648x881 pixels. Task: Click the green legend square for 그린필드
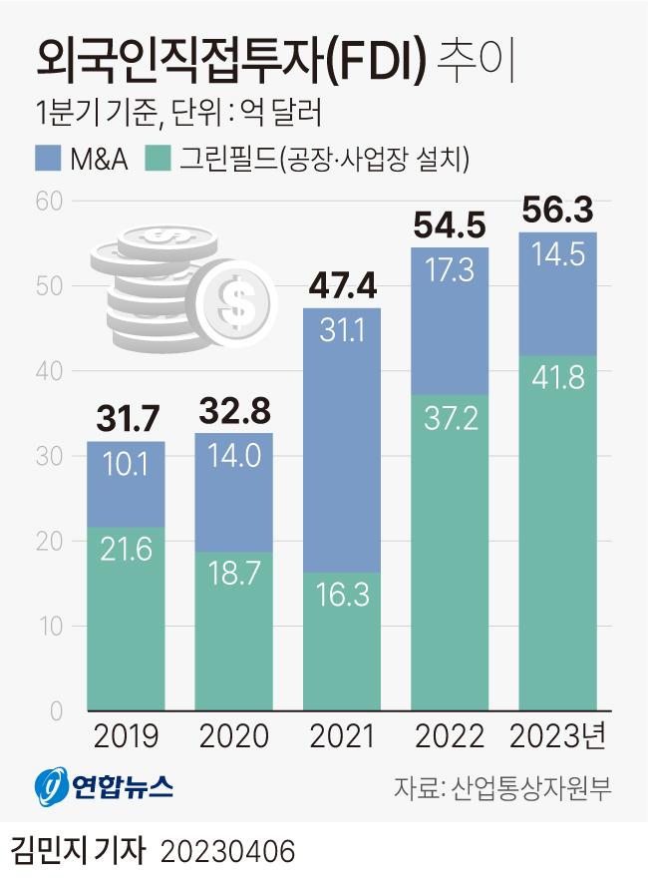[158, 158]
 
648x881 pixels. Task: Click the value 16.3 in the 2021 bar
[341, 596]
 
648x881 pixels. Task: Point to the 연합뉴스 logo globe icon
[51, 789]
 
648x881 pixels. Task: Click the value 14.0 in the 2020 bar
[233, 456]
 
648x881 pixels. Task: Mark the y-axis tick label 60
[50, 202]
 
